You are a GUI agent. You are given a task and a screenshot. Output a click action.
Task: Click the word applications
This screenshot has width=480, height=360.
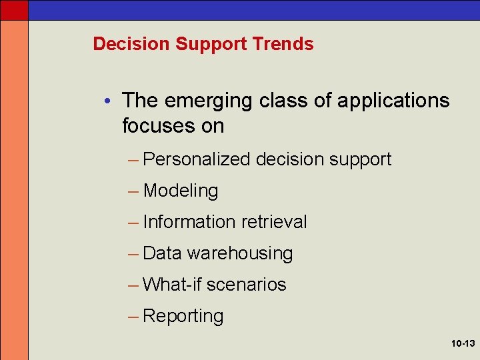[x=393, y=101]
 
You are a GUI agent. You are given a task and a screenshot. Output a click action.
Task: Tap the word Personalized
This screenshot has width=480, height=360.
[x=197, y=159]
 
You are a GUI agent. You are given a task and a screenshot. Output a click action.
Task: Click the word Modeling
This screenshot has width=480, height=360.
[x=181, y=191]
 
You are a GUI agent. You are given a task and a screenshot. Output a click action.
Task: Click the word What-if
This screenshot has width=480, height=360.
[x=172, y=285]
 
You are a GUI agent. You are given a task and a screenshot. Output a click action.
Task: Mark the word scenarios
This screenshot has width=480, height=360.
[x=246, y=285]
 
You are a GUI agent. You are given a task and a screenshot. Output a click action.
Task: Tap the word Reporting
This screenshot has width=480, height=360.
[x=183, y=317]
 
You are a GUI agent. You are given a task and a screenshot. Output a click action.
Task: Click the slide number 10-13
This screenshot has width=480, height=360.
[x=462, y=344]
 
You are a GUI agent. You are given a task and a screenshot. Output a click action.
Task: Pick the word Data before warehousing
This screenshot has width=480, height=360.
[x=162, y=253]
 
